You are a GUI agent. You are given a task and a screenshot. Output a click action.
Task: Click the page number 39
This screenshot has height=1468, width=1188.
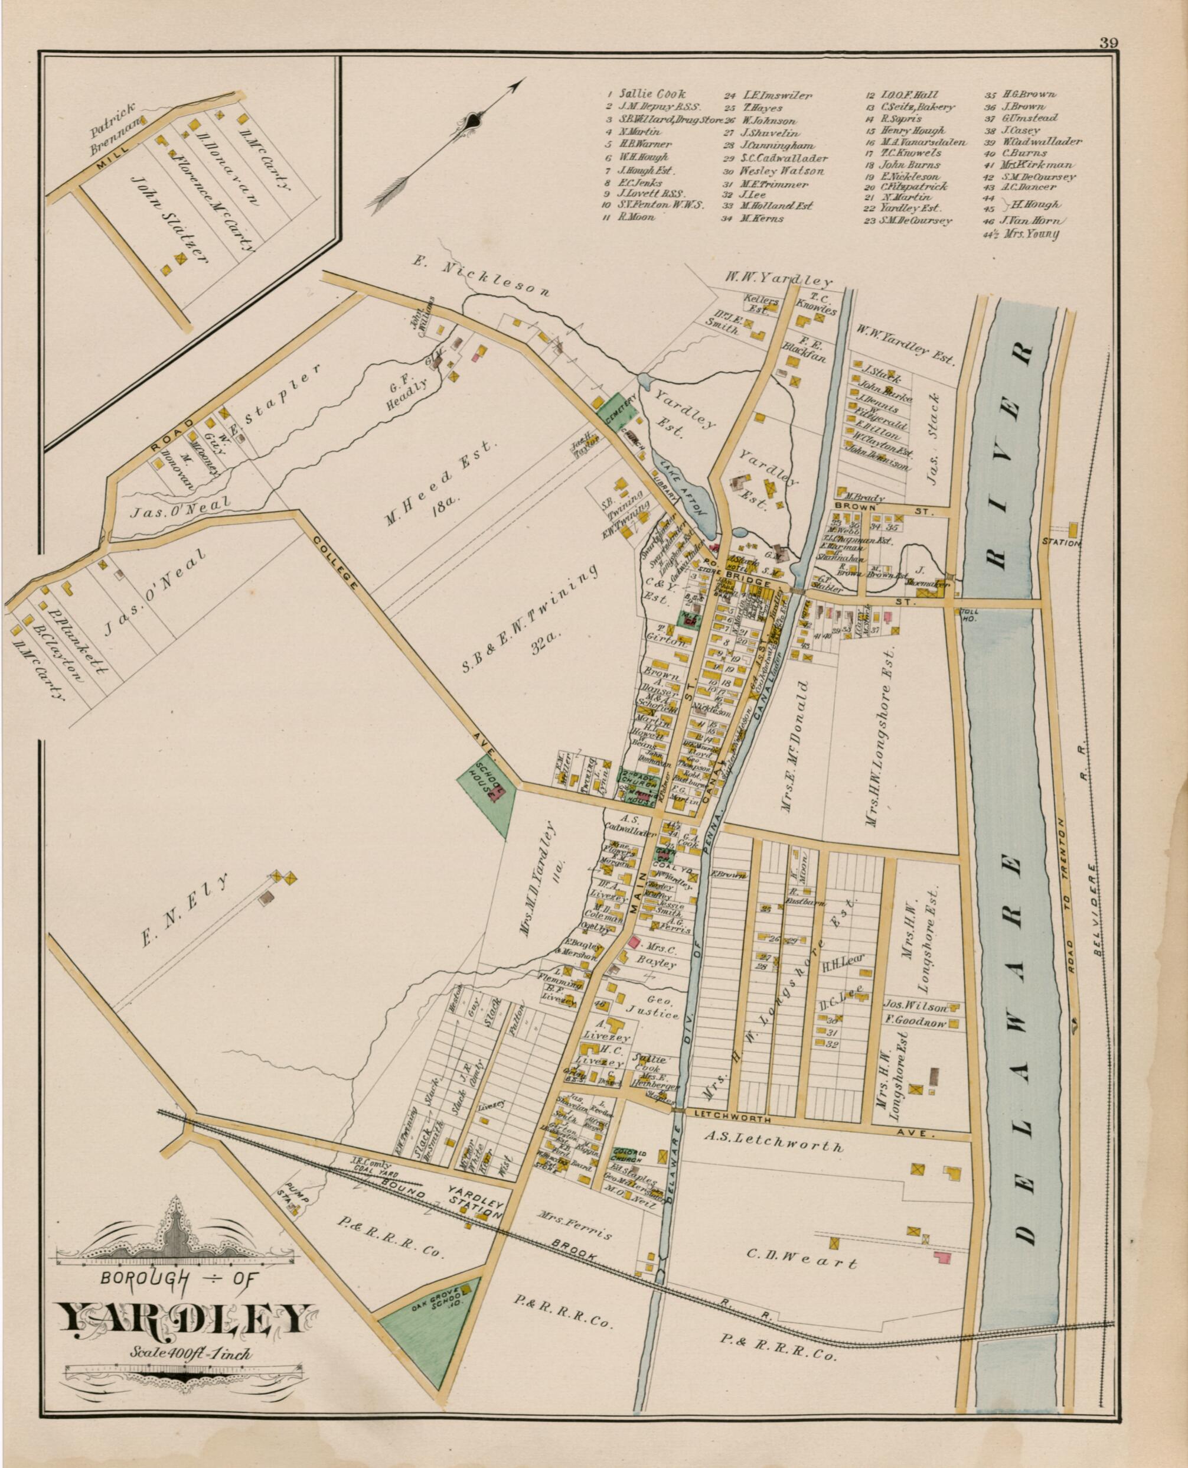(x=1109, y=43)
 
